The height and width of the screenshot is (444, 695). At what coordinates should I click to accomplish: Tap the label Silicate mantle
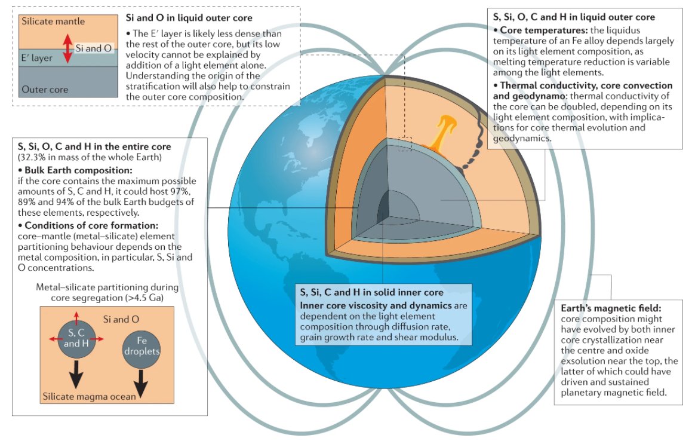(53, 22)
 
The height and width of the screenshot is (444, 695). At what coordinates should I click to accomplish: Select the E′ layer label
(37, 58)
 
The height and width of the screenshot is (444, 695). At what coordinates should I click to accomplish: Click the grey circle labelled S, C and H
(75, 339)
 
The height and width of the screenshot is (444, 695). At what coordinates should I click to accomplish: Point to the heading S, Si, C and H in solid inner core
(371, 292)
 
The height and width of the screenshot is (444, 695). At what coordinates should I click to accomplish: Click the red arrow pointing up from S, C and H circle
(75, 316)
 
